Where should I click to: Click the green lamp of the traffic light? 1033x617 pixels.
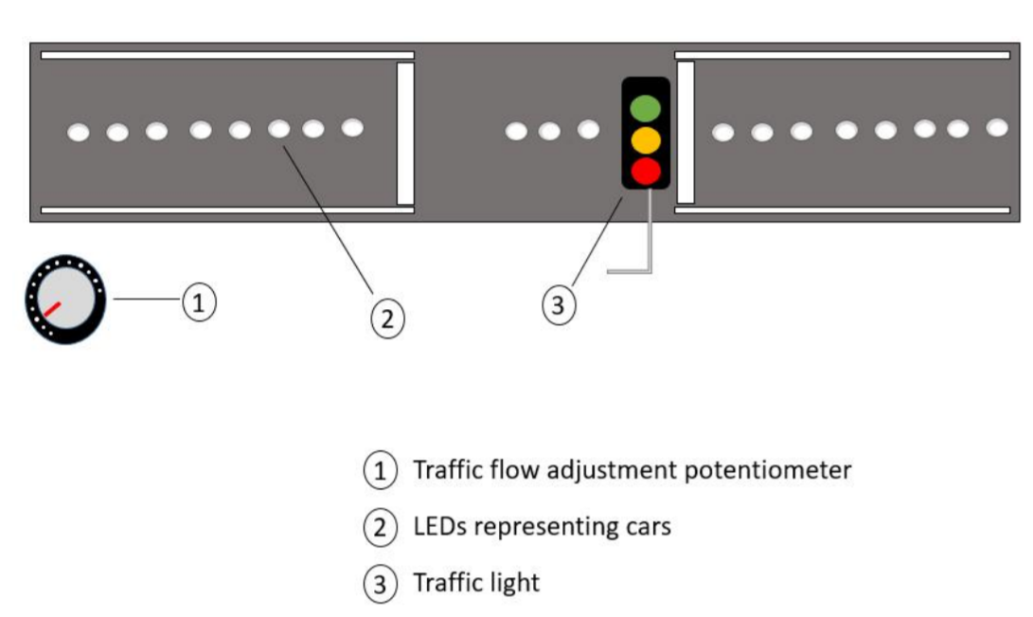(x=646, y=107)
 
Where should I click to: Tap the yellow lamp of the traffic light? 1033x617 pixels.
(x=646, y=139)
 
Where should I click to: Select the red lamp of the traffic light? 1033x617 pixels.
(x=646, y=171)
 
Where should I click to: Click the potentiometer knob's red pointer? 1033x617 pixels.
(x=51, y=309)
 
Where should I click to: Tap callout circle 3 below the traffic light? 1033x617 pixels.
(x=559, y=305)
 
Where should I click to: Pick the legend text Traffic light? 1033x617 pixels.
(x=475, y=582)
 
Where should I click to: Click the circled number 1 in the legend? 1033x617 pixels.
(x=381, y=471)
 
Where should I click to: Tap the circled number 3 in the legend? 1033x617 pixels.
(x=381, y=584)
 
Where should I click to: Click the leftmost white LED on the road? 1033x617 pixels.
(x=79, y=133)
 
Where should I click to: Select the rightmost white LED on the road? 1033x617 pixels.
(x=997, y=127)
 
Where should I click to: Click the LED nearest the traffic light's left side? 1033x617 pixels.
(x=588, y=130)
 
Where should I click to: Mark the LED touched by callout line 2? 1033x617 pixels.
(x=278, y=128)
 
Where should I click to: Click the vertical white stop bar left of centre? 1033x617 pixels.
(x=405, y=133)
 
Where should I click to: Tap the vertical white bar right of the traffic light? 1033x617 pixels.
(x=686, y=132)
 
